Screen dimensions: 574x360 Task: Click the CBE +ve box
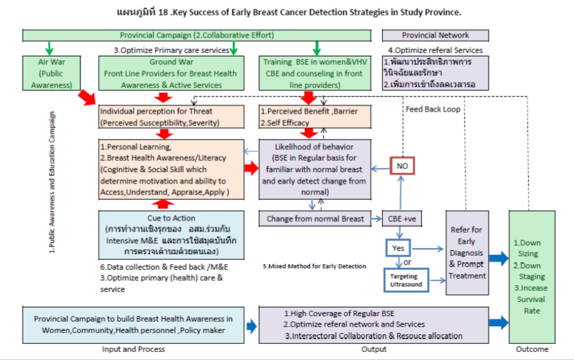click(x=402, y=219)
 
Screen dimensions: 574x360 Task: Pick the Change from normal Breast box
click(x=315, y=219)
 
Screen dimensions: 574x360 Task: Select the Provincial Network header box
click(x=435, y=35)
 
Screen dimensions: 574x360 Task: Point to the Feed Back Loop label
click(x=433, y=109)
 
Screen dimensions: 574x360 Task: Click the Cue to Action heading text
click(x=171, y=218)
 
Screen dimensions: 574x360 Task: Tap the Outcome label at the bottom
click(x=532, y=349)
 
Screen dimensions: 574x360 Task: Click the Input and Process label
click(x=133, y=349)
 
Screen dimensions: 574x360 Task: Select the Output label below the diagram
click(x=374, y=349)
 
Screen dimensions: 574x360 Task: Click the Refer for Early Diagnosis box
click(x=467, y=253)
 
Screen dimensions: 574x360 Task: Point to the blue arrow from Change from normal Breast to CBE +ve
click(x=376, y=219)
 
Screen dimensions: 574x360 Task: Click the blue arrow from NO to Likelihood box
click(x=381, y=169)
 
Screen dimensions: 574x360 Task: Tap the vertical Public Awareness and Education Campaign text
click(x=52, y=182)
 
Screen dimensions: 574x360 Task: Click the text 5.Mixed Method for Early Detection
click(x=314, y=266)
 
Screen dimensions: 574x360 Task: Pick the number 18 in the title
click(x=163, y=12)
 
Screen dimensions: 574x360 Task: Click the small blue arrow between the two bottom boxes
click(x=251, y=327)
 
